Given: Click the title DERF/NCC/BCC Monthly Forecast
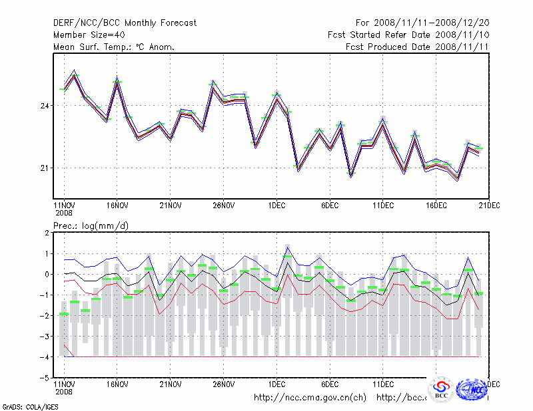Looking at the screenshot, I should point(125,23).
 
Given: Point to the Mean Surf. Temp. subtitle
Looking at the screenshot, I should point(114,47).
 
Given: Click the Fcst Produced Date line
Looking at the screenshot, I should point(418,47).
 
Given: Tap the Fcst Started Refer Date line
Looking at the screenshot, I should point(409,35).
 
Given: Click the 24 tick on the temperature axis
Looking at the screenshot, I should point(45,106).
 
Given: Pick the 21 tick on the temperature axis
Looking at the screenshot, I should point(45,168).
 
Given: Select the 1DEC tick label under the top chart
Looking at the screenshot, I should point(276,205).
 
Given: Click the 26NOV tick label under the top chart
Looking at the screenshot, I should point(223,205).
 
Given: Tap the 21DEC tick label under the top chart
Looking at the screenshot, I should point(490,205).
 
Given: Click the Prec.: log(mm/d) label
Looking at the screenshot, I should point(91,226).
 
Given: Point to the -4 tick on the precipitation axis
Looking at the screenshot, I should point(46,357).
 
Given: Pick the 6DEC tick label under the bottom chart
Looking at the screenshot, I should point(330,384).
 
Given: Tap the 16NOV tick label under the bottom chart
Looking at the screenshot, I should point(117,384).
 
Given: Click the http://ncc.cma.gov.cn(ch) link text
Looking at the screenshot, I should point(310,398).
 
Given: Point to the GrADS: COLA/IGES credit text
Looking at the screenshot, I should point(29,406).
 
